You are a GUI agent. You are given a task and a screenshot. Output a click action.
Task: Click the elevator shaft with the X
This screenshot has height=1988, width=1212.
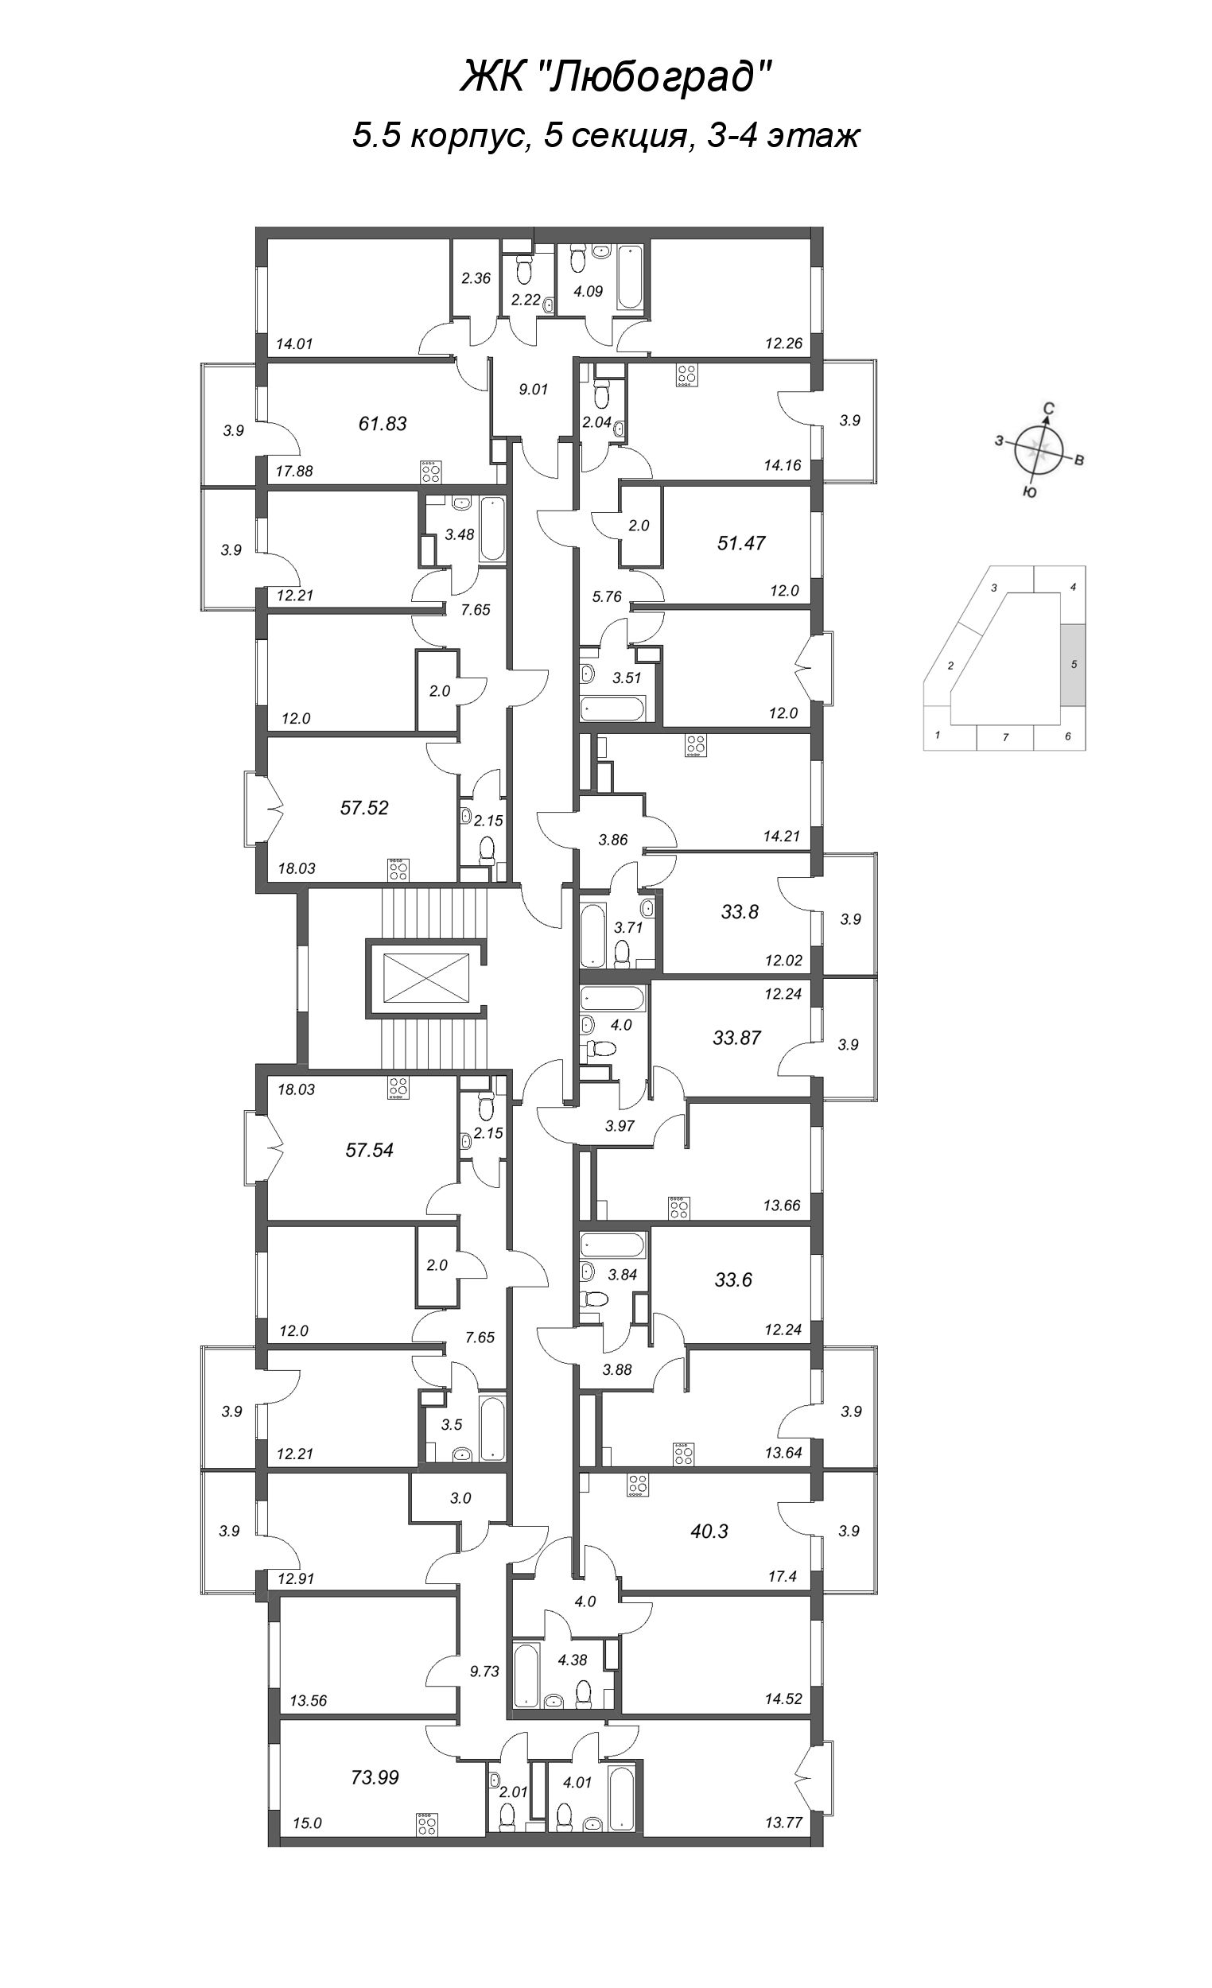pyautogui.click(x=427, y=977)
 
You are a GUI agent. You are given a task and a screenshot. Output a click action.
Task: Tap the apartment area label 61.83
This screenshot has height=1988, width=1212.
pyautogui.click(x=383, y=423)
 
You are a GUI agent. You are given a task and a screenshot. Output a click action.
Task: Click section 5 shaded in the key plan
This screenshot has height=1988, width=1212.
pyautogui.click(x=1073, y=664)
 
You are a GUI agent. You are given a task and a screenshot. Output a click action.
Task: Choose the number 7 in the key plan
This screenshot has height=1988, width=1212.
pyautogui.click(x=1005, y=737)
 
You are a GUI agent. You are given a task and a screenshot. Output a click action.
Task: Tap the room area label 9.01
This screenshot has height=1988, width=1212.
pyautogui.click(x=534, y=389)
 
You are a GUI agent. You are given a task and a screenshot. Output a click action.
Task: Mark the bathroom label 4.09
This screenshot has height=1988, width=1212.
pyautogui.click(x=589, y=290)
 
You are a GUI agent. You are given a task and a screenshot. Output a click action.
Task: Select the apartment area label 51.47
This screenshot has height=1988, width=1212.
pyautogui.click(x=740, y=543)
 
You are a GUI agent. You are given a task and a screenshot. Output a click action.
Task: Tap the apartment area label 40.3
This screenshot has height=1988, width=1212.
pyautogui.click(x=709, y=1531)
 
